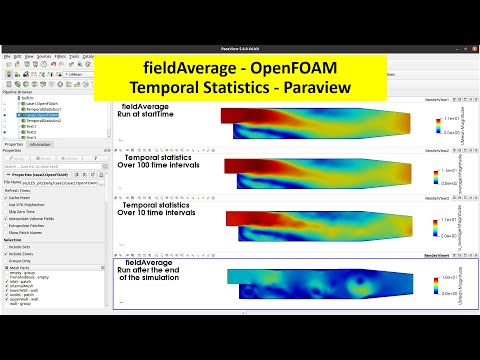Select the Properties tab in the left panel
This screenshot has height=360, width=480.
click(14, 145)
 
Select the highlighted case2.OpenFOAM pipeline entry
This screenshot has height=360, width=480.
click(37, 113)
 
